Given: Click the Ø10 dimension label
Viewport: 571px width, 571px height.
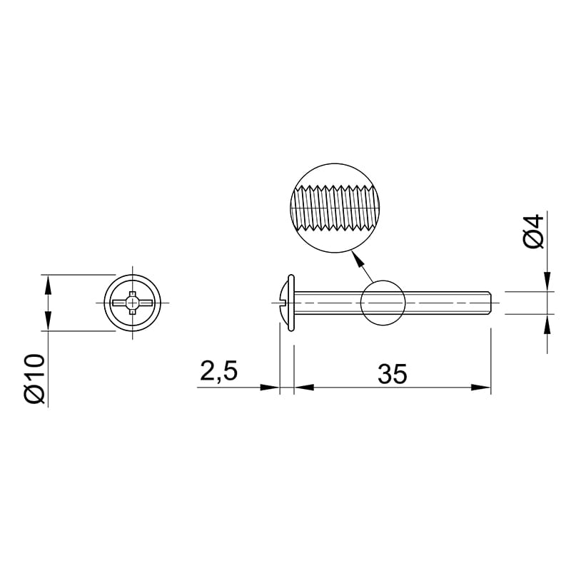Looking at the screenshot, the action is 35,378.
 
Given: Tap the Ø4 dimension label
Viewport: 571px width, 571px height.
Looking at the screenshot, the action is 534,231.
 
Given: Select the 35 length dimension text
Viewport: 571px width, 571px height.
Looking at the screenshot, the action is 392,373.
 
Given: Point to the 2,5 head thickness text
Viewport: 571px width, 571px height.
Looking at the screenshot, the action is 219,371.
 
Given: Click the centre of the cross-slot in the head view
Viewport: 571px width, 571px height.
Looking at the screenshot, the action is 132,303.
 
